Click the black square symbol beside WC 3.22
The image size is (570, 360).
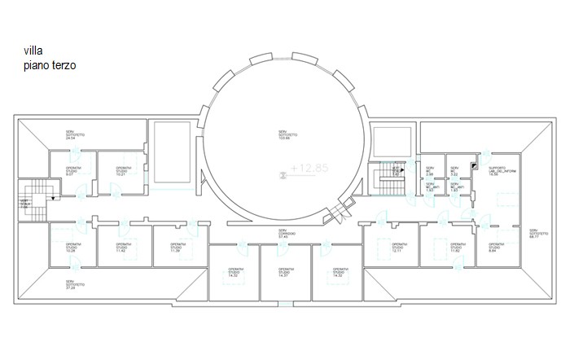(x=472, y=165)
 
